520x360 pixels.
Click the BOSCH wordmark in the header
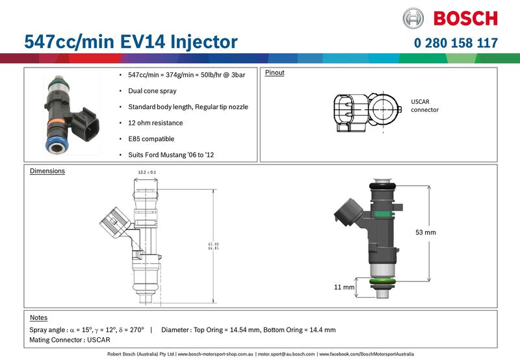tap(465, 18)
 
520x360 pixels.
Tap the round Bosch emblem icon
tap(413, 18)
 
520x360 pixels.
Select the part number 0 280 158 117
tap(456, 44)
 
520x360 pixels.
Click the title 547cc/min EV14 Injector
tap(131, 42)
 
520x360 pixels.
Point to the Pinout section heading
tap(274, 73)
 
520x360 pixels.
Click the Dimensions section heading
tap(47, 171)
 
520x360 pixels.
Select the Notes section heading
tap(39, 318)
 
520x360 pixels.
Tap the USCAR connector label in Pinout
tap(425, 106)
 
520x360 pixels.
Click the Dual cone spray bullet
tap(152, 91)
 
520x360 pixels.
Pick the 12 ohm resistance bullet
tap(155, 123)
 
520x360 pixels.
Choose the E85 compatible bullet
tap(151, 138)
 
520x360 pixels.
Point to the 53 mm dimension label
tap(426, 232)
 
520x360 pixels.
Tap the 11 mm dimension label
tap(344, 287)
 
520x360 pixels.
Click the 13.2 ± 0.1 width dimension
tap(147, 172)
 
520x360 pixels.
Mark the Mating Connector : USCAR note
tap(70, 340)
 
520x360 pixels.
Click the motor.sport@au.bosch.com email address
tap(286, 354)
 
